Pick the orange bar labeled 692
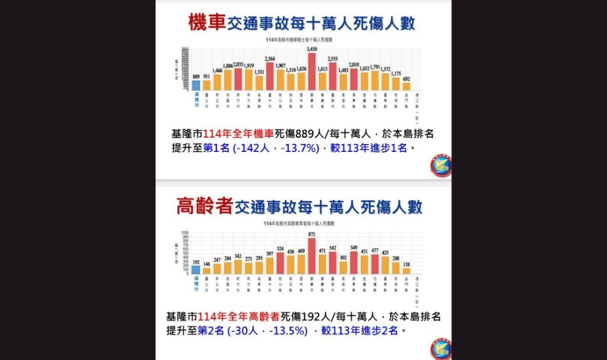click(x=406, y=87)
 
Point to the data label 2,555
click(x=333, y=59)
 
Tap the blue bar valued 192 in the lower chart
click(x=196, y=270)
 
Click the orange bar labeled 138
click(x=406, y=270)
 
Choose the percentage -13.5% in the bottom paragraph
click(x=287, y=331)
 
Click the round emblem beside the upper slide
click(x=441, y=165)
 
